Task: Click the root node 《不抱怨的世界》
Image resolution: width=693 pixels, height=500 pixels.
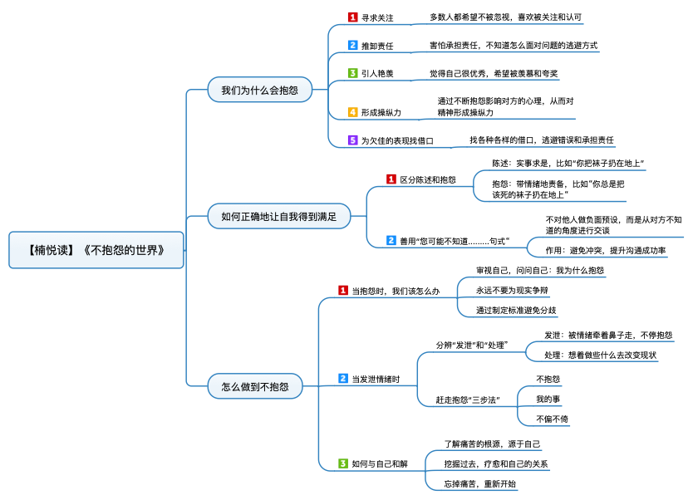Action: click(x=96, y=249)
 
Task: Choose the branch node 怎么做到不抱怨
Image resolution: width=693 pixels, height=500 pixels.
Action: click(x=255, y=386)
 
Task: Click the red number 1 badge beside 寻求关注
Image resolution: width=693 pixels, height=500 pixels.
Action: click(x=352, y=17)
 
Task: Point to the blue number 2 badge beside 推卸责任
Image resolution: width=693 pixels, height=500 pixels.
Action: click(x=352, y=45)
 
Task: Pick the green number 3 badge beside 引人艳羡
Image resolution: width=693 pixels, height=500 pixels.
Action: click(x=352, y=73)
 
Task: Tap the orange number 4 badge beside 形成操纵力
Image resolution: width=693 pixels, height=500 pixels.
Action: click(x=352, y=111)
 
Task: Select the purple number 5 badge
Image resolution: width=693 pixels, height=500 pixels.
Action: click(x=352, y=140)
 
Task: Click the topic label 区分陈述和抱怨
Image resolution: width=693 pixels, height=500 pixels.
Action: click(x=428, y=179)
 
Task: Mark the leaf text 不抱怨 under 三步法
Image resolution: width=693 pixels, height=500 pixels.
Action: click(x=548, y=378)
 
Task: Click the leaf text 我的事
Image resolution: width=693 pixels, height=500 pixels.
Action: click(x=548, y=399)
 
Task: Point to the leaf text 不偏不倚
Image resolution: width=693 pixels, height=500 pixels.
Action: click(x=552, y=419)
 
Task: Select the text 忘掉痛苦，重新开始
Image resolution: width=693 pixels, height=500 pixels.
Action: click(x=479, y=483)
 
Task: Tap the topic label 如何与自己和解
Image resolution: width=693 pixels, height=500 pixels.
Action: click(x=379, y=463)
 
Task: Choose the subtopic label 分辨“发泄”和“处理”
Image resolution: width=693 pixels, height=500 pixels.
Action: click(x=472, y=345)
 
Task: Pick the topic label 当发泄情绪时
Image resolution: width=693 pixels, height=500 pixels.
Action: click(x=376, y=379)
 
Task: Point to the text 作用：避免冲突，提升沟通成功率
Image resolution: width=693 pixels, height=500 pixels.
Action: click(x=605, y=250)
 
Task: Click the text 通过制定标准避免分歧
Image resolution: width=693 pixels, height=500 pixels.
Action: click(x=516, y=311)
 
